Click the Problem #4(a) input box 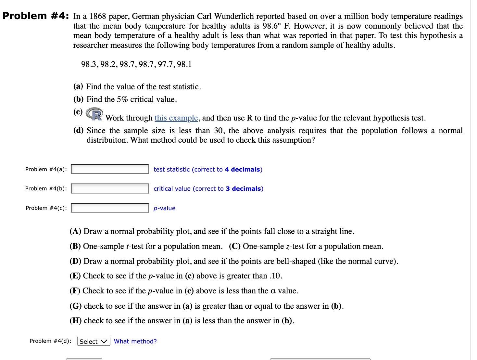110,169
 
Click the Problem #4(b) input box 110,188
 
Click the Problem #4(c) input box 110,208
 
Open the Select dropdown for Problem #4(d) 94,341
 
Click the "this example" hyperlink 176,118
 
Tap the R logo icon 94,114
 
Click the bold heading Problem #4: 36,16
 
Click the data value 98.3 89,64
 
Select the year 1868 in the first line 97,16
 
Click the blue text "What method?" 135,341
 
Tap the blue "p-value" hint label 164,208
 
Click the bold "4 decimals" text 242,170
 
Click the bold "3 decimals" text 243,189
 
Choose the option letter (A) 75,231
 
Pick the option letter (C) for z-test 234,246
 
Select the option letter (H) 76,321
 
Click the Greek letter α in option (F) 273,291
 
